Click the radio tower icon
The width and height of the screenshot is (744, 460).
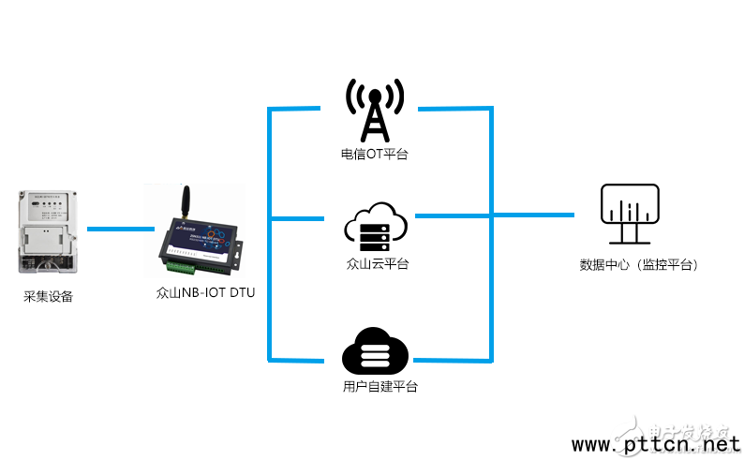click(375, 111)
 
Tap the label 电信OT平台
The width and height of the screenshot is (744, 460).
click(375, 154)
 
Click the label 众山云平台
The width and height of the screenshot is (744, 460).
click(376, 263)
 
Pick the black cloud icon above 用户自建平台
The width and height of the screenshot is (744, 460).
click(375, 351)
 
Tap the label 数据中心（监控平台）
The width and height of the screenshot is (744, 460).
click(639, 265)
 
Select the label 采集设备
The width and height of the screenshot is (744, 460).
click(48, 297)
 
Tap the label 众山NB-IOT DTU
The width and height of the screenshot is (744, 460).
click(205, 292)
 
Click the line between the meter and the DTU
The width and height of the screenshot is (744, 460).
click(120, 229)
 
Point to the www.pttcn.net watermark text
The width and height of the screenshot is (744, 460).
click(655, 443)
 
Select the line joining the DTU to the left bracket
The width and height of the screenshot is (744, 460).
click(258, 221)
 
